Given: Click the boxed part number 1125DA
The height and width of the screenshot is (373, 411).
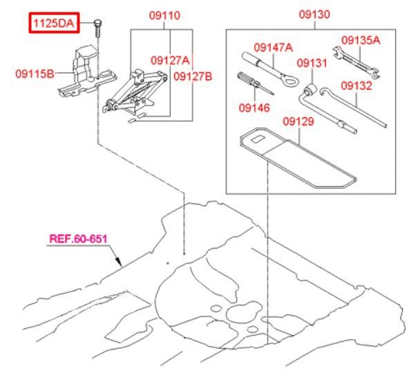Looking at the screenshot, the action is pyautogui.click(x=54, y=23).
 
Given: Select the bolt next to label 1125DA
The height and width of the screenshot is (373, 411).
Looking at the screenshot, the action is pyautogui.click(x=97, y=28).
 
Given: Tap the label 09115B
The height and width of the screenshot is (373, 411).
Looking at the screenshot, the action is pyautogui.click(x=35, y=74).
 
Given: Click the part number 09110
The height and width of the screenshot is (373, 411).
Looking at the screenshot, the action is pyautogui.click(x=164, y=15).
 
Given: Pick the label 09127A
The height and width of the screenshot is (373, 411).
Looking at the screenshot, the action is pyautogui.click(x=170, y=61).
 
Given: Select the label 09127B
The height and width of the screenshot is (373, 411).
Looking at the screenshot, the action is pyautogui.click(x=193, y=77).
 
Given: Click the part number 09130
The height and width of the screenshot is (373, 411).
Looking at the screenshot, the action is pyautogui.click(x=314, y=14).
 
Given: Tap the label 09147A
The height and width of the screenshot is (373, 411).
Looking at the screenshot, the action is pyautogui.click(x=273, y=48).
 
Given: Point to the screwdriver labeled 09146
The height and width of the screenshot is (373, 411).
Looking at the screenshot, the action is pyautogui.click(x=255, y=83).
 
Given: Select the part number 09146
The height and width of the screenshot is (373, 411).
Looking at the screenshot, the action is pyautogui.click(x=254, y=108).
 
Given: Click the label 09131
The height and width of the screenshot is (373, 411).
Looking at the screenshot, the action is pyautogui.click(x=312, y=63).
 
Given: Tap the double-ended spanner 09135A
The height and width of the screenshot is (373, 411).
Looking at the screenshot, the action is pyautogui.click(x=356, y=62).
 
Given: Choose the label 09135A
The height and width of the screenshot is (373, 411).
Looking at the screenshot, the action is pyautogui.click(x=361, y=40).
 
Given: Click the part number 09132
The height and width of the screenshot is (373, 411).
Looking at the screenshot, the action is pyautogui.click(x=356, y=85).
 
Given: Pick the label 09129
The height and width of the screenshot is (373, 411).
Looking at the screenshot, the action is pyautogui.click(x=298, y=121).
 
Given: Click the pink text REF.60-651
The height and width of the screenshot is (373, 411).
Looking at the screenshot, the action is pyautogui.click(x=78, y=239).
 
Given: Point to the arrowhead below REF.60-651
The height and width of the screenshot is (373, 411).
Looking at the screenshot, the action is pyautogui.click(x=119, y=262).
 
